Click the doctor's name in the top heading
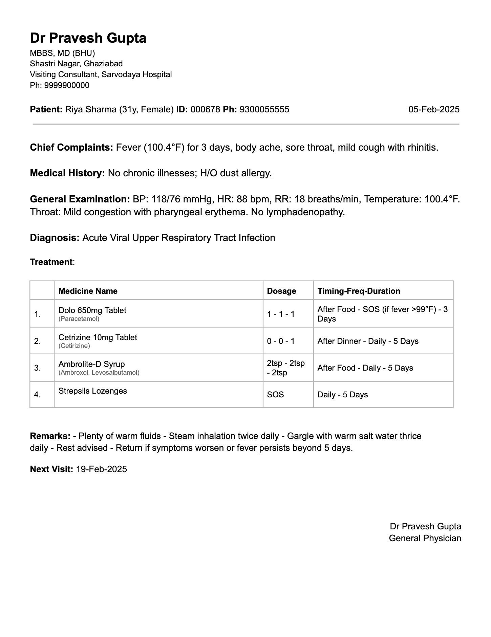88,38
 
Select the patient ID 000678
205,109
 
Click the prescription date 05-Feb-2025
434,109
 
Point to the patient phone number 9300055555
264,109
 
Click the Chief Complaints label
71,148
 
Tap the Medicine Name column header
88,291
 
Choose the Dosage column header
281,291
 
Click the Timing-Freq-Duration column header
359,291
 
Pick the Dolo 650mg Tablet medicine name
92,310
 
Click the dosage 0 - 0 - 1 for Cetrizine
281,341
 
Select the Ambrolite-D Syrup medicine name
92,364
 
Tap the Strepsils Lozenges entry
93,391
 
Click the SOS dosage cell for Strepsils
275,395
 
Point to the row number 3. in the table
38,368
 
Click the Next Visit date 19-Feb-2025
102,469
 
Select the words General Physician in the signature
425,538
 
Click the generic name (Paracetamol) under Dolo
79,319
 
